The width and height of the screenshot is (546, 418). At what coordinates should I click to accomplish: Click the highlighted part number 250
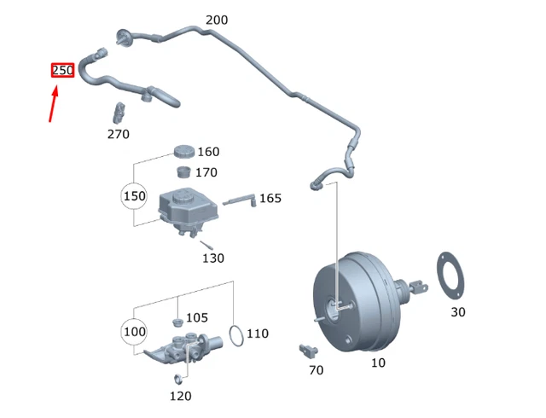coord(62,70)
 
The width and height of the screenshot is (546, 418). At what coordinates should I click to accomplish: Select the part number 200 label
coord(217,20)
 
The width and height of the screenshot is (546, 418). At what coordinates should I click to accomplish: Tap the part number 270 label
coord(119,134)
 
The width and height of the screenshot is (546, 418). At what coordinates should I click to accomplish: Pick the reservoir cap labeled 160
coord(183,152)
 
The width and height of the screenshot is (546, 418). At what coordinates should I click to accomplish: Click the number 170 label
coord(206,172)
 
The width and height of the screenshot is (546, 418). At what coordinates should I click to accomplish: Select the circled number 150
coord(135,195)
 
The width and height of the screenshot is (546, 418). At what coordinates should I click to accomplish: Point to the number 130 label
coord(213,258)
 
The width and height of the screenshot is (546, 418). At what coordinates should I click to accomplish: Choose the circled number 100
coord(135,330)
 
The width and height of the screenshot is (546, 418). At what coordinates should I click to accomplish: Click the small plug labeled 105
coord(177,322)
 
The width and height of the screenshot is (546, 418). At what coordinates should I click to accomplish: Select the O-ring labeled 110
coord(236,335)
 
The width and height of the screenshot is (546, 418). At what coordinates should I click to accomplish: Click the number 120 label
coord(180,396)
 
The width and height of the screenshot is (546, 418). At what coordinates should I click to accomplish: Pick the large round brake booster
coord(354,305)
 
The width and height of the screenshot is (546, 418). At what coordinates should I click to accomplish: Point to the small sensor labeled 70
coord(307,350)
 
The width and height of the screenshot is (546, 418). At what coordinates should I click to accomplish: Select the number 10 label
coord(378,363)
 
